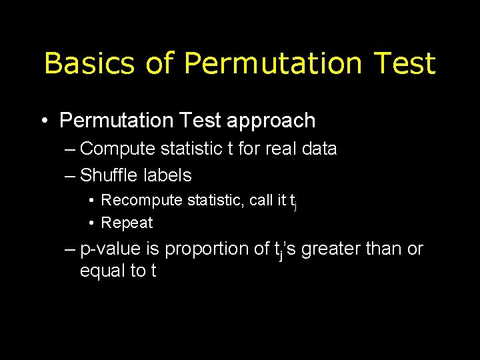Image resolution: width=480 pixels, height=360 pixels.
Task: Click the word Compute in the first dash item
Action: coord(116,149)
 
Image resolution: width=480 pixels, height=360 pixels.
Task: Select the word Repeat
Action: coord(127,223)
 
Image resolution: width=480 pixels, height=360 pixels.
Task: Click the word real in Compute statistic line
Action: coord(281,149)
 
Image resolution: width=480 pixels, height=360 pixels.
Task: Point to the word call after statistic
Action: coord(262,200)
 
